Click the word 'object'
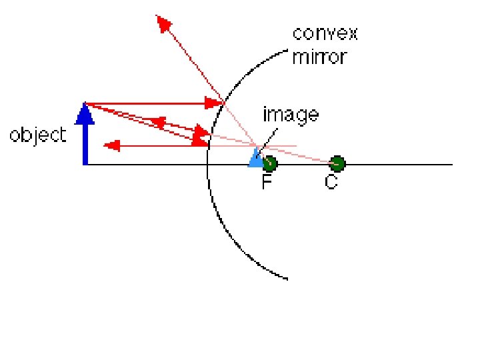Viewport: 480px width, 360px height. point(38,136)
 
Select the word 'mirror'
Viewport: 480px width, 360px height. point(319,57)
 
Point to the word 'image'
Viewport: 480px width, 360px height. point(290,115)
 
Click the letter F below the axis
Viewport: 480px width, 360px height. point(267,182)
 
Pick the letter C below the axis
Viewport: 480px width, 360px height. point(331,182)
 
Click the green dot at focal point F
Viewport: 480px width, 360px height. point(269,163)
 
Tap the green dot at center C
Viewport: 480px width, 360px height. point(337,163)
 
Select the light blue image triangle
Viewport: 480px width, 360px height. point(255,158)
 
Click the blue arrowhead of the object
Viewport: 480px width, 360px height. point(84,114)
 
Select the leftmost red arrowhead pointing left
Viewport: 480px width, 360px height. point(112,145)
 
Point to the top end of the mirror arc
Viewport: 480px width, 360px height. point(290,48)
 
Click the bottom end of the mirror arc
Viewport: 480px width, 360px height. point(287,278)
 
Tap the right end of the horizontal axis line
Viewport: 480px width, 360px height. point(452,164)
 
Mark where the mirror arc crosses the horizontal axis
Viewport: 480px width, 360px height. point(207,164)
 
